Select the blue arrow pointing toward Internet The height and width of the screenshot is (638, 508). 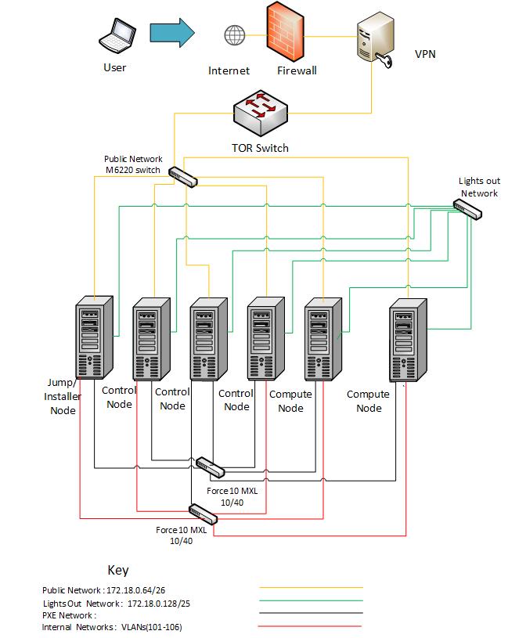click(171, 33)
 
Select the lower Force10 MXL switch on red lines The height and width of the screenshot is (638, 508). click(203, 514)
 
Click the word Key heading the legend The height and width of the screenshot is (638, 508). click(117, 570)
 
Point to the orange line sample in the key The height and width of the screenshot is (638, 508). click(311, 587)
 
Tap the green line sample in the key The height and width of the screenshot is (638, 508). click(311, 601)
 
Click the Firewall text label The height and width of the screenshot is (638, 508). click(297, 71)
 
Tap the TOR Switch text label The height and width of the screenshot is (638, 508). click(260, 148)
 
